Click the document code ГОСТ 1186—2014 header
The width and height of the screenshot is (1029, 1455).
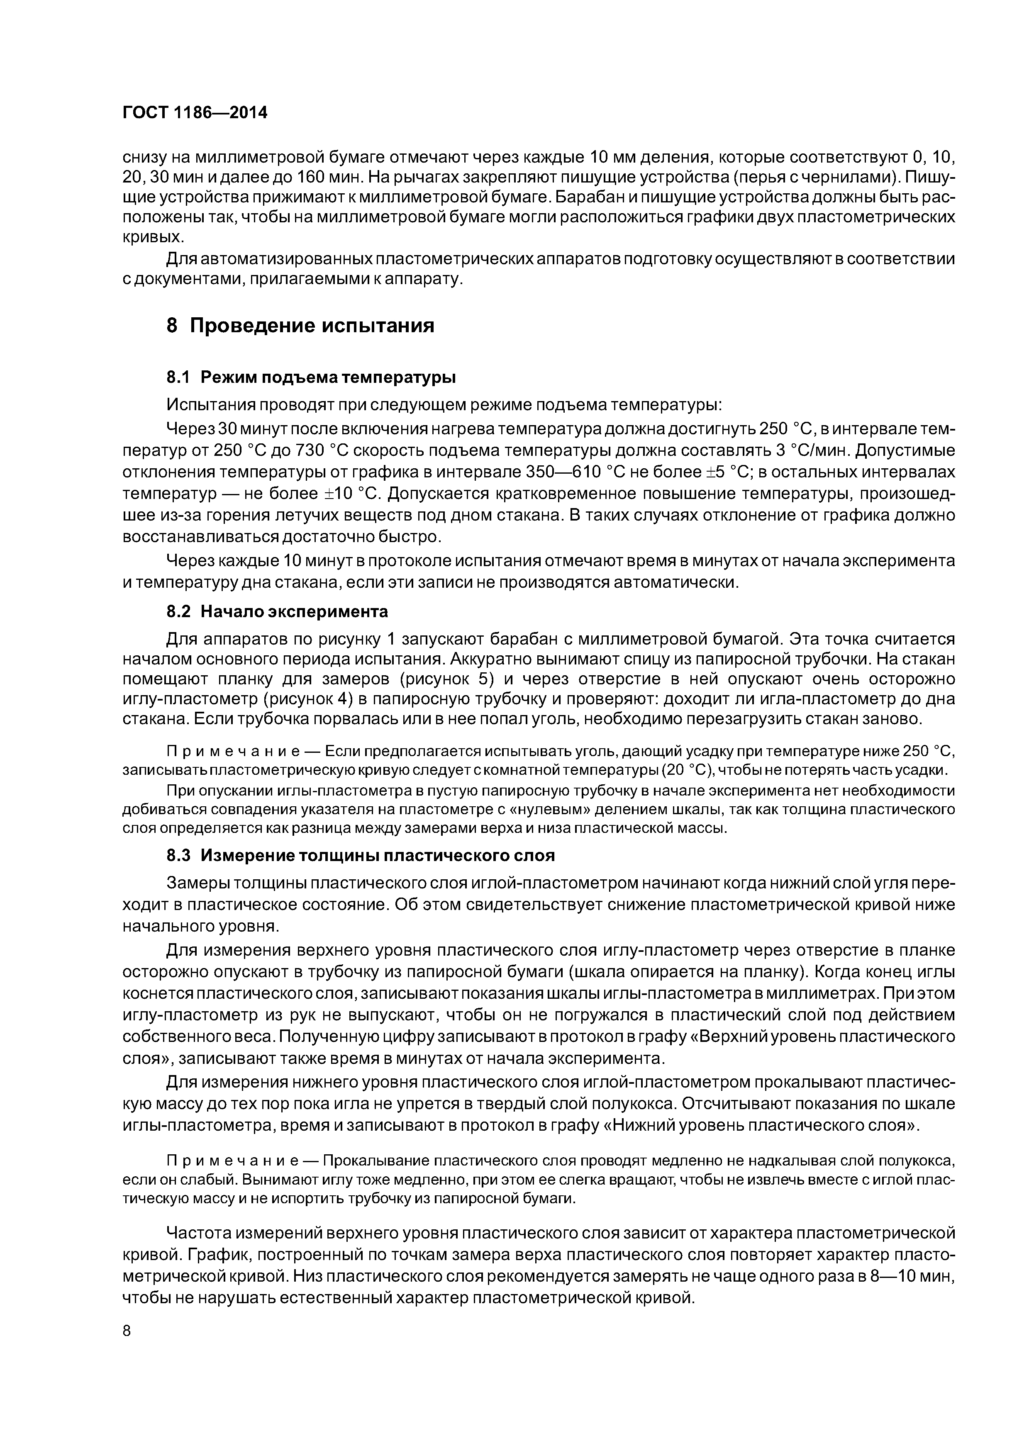click(195, 113)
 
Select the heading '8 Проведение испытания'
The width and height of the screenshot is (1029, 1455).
click(300, 326)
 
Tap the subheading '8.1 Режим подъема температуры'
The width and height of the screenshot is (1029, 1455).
click(311, 378)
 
